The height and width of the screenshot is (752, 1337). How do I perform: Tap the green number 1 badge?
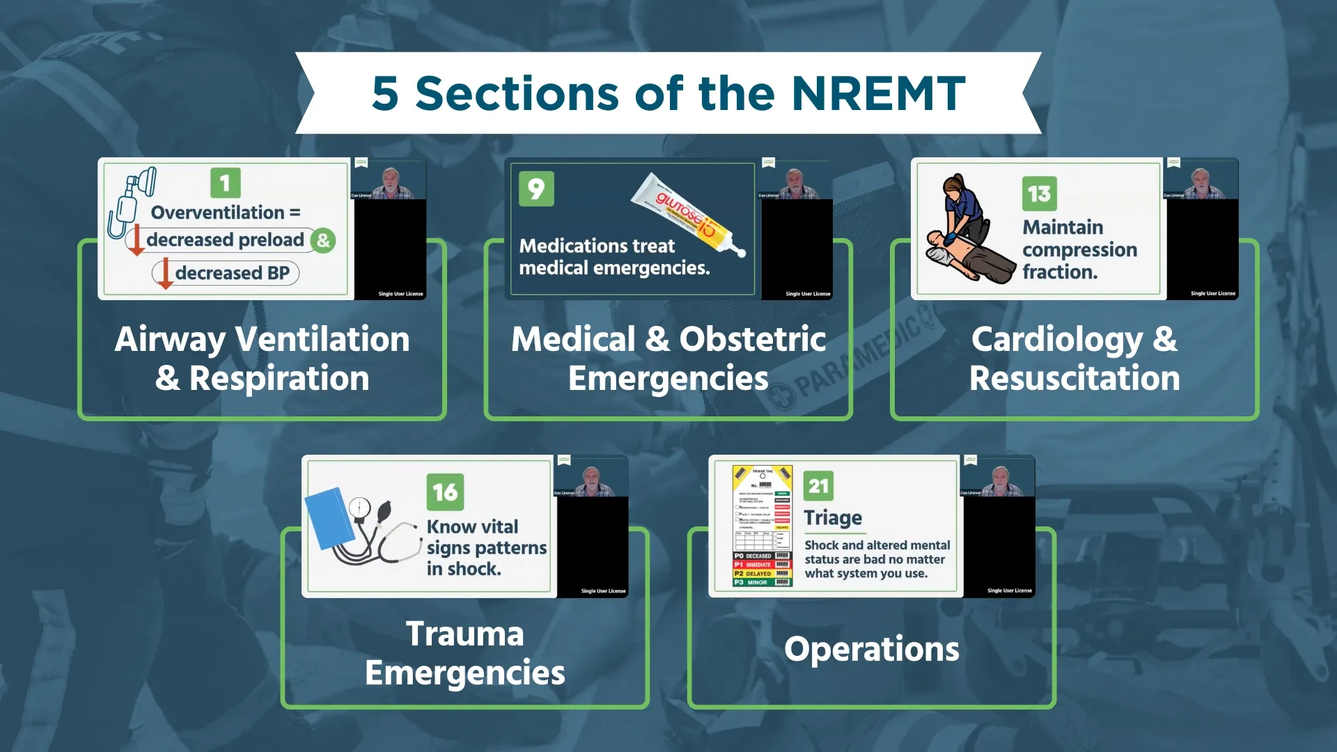pos(225,183)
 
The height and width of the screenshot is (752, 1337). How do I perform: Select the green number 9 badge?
pos(536,189)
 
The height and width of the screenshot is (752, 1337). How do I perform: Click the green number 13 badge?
pos(1039,194)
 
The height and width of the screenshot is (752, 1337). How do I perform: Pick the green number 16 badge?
pos(445,492)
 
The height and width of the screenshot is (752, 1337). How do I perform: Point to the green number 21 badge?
pos(818,486)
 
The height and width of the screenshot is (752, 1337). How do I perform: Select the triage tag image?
pos(763,526)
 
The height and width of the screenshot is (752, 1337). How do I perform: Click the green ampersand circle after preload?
pos(323,241)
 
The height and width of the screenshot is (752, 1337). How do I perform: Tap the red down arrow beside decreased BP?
pos(165,273)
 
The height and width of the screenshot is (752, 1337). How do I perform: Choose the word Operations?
pos(871,649)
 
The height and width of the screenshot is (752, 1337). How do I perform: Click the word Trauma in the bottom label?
pos(464,634)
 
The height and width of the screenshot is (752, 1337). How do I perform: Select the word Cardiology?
pos(1056,340)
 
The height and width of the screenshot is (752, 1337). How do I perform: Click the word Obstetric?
pos(752,340)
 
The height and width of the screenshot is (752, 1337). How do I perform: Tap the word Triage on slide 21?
pos(833,518)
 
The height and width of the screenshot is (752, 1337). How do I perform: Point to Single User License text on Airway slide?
pos(400,294)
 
